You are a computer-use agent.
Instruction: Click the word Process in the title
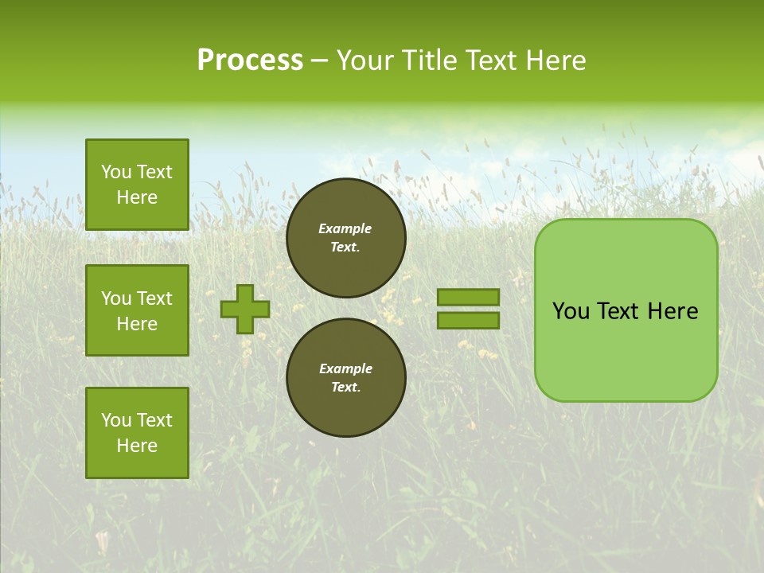250,60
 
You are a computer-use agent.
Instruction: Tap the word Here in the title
554,60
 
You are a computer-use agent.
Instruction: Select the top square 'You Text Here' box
137,185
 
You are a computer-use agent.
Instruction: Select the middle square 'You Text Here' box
137,310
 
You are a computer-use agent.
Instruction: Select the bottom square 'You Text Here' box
137,432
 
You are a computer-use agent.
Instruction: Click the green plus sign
245,309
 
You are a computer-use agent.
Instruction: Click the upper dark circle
346,238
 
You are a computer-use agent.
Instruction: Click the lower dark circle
346,378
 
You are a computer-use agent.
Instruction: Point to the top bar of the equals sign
468,297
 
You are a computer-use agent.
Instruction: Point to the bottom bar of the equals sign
468,321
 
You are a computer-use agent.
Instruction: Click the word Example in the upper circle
345,228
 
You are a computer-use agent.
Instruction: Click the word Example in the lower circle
345,368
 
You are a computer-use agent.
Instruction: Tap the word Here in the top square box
137,197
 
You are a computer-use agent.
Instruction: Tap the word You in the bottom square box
116,420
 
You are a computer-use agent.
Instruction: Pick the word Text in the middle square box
154,298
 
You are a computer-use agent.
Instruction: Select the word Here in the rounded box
672,311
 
